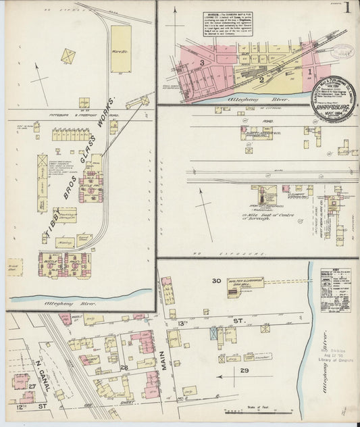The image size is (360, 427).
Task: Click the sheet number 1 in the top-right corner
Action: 346,9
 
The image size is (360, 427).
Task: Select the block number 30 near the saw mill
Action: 216,280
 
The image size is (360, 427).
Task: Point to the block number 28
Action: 124,367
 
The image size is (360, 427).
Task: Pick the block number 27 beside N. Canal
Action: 32,385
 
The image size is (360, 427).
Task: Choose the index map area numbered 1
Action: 310,71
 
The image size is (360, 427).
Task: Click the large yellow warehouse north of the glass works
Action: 121,49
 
